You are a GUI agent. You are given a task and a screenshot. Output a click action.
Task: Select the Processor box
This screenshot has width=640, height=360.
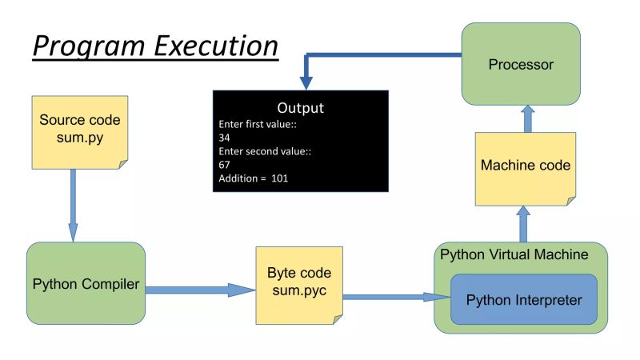[x=520, y=64]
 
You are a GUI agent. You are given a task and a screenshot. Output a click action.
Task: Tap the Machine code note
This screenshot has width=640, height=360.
[x=526, y=166]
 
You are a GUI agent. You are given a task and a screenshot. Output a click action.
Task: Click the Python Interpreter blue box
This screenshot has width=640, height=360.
[x=523, y=300]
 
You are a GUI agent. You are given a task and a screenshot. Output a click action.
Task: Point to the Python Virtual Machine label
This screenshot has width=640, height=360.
[x=514, y=254]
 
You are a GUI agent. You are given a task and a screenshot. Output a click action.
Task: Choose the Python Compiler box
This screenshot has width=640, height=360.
[x=86, y=285]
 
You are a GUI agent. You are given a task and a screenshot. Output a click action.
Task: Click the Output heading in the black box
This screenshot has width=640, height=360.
[x=300, y=107]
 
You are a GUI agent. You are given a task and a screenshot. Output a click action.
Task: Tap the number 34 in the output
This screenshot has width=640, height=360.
[x=225, y=138]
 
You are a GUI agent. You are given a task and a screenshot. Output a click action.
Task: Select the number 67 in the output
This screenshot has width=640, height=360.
[x=225, y=165]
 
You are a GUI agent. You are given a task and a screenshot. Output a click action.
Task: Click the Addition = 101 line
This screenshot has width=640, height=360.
[x=253, y=178]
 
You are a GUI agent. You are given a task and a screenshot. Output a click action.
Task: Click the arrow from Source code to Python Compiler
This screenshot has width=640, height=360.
[x=73, y=204]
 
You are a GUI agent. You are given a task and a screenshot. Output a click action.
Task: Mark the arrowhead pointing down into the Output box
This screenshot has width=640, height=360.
[x=306, y=82]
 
